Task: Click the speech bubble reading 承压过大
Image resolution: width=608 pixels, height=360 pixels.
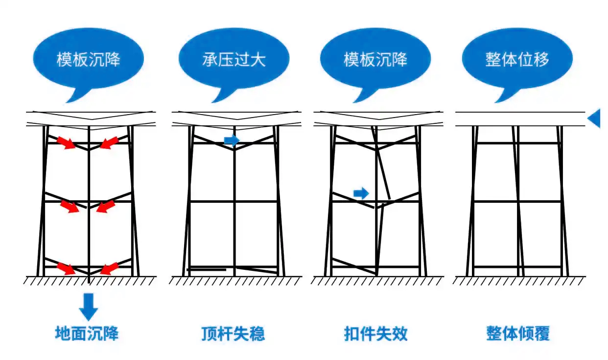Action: point(234,59)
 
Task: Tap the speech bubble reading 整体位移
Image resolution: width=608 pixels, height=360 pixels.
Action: point(517,59)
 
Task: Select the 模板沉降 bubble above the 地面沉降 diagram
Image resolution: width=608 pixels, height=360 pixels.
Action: point(88,59)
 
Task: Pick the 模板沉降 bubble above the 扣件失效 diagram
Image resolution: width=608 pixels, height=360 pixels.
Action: point(375,59)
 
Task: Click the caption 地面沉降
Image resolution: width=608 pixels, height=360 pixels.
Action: point(87,334)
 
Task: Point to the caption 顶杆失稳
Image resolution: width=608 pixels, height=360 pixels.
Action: point(233,334)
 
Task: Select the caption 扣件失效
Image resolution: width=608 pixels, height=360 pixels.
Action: point(375,334)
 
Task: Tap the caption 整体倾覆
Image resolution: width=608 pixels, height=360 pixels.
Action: point(518,334)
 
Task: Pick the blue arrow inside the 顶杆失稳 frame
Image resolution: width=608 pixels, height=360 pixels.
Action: point(232,140)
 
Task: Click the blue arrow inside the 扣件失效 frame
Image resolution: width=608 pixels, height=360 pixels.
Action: point(361,193)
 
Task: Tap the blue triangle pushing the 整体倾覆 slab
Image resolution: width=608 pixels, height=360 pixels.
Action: point(594,118)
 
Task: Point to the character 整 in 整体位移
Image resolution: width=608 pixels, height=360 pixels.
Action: point(493,59)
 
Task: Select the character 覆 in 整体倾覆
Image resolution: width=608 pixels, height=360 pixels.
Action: point(542,334)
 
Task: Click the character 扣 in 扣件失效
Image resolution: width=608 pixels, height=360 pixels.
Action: point(351,334)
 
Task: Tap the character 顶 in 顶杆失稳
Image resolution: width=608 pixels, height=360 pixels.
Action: point(209,334)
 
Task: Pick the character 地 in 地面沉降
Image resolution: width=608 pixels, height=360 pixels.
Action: point(63,334)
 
